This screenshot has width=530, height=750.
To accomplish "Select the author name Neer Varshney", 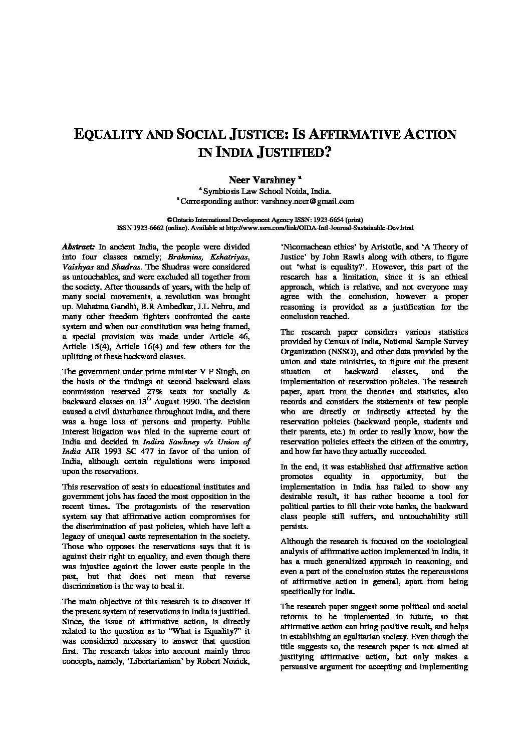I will [262, 179].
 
